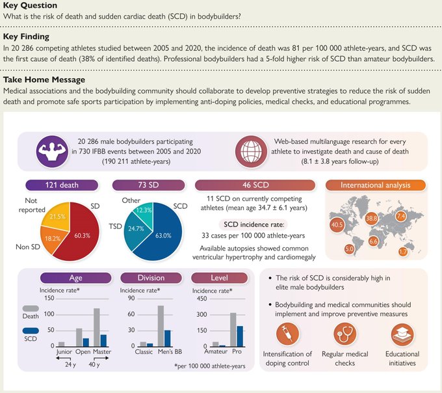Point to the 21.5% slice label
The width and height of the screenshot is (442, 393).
(x=58, y=215)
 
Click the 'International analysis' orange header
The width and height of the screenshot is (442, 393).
(x=376, y=185)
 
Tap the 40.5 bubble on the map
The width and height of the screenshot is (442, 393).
(x=337, y=224)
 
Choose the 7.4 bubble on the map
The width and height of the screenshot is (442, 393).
(x=400, y=216)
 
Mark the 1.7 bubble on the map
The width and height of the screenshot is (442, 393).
(x=402, y=251)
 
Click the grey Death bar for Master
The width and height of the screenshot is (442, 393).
(x=96, y=328)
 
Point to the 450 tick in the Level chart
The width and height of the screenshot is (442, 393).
(x=201, y=299)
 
